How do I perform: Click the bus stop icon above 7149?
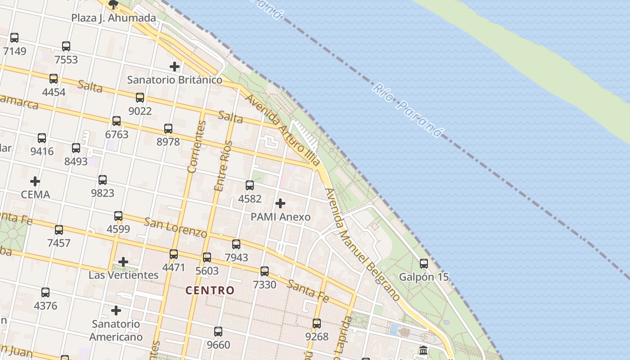click(14, 38)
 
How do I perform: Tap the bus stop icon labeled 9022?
click(140, 98)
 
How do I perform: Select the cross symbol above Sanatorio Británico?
click(175, 67)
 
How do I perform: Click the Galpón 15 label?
click(424, 277)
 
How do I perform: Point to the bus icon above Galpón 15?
click(424, 264)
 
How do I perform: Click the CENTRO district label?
click(210, 290)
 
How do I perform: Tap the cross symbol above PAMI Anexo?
click(280, 203)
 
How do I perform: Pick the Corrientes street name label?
click(197, 147)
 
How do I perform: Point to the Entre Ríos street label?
click(224, 166)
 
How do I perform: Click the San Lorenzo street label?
click(175, 227)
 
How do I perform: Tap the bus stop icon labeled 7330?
click(265, 271)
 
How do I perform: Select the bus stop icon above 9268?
click(317, 324)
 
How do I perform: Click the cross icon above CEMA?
click(35, 182)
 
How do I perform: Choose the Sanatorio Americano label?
click(116, 330)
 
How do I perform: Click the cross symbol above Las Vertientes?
click(123, 262)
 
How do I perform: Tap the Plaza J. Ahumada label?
click(114, 18)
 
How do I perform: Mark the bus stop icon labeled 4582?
click(250, 185)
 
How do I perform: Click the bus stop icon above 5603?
click(207, 257)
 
